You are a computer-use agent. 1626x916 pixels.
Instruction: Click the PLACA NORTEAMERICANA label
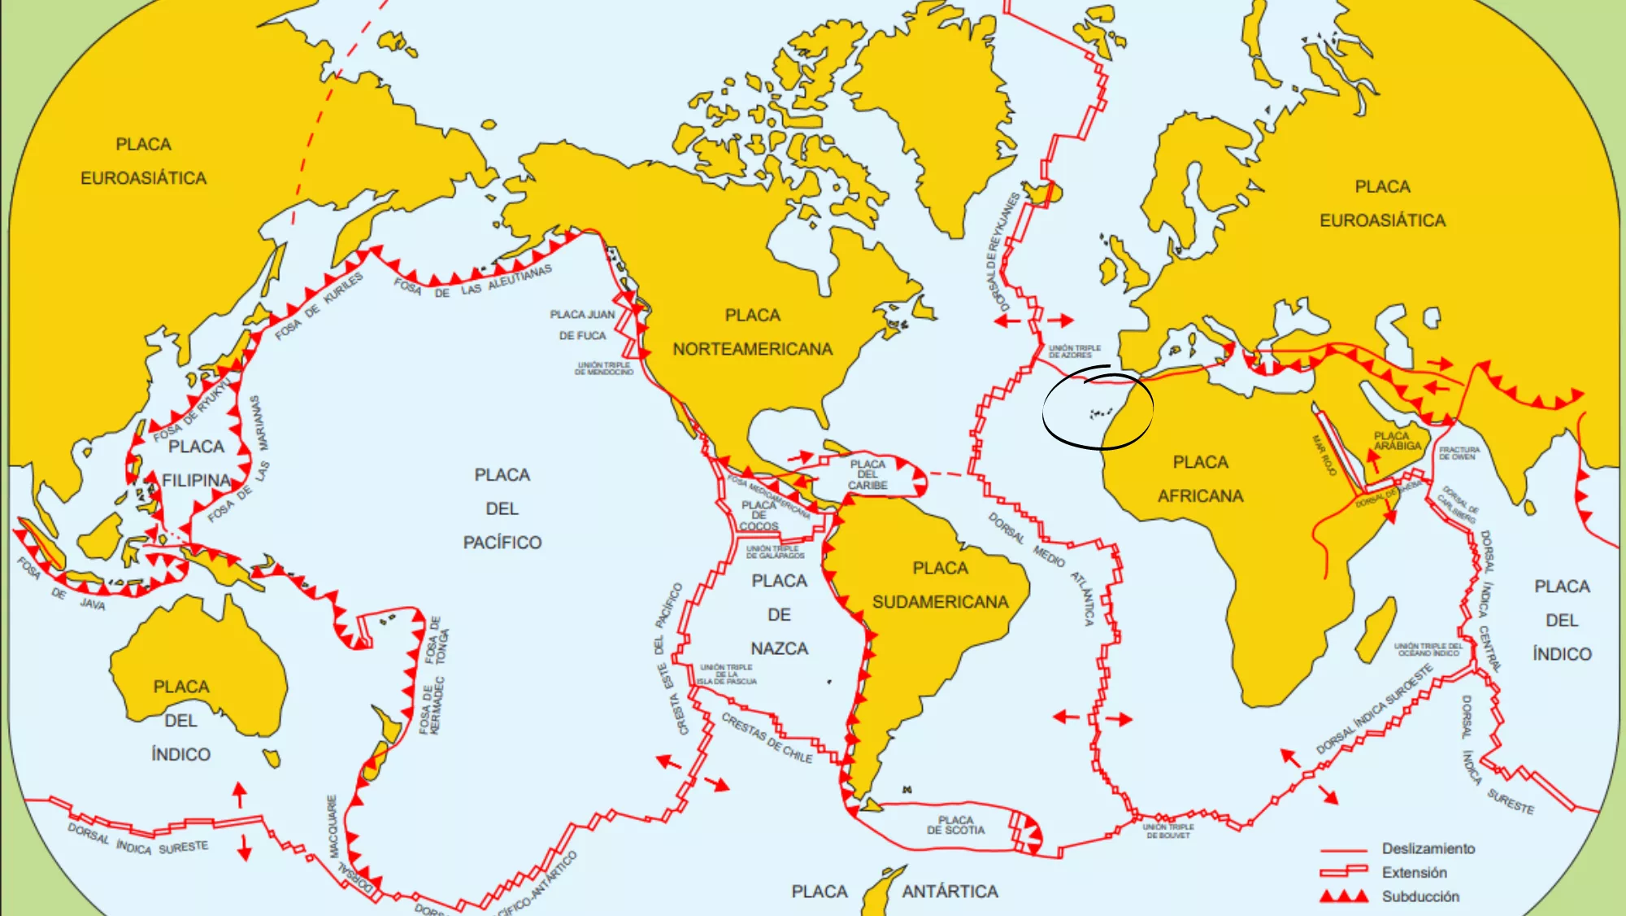(752, 333)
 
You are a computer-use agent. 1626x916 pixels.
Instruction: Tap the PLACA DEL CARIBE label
(867, 475)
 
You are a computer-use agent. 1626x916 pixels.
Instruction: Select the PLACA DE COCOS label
(759, 516)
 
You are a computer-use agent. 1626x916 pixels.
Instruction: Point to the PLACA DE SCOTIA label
(955, 825)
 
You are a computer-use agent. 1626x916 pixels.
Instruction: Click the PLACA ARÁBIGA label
(1398, 441)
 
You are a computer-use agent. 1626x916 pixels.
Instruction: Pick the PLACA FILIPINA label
(196, 464)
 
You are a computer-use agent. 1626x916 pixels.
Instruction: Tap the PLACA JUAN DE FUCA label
(582, 325)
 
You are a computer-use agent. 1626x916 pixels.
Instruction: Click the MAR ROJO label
(1324, 455)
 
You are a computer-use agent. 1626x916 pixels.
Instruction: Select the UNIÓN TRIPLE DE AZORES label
(1074, 351)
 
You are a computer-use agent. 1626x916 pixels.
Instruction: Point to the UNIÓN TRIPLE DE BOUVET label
(1168, 831)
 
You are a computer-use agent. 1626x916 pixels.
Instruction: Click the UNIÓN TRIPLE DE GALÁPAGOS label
(775, 552)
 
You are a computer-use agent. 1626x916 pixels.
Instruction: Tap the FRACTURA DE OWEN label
(1459, 453)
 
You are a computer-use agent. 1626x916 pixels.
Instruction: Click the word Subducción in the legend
(1420, 896)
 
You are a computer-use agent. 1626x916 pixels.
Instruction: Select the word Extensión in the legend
(1414, 873)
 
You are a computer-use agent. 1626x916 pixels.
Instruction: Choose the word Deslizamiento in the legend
(1428, 848)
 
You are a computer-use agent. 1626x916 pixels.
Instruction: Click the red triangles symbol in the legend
(1344, 896)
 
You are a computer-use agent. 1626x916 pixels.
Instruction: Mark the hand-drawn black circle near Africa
(1098, 408)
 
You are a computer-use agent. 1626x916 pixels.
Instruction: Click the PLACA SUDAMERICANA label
(940, 585)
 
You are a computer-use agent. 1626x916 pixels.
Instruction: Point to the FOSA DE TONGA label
(437, 640)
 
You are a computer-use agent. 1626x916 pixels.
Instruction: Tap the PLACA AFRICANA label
(1200, 479)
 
